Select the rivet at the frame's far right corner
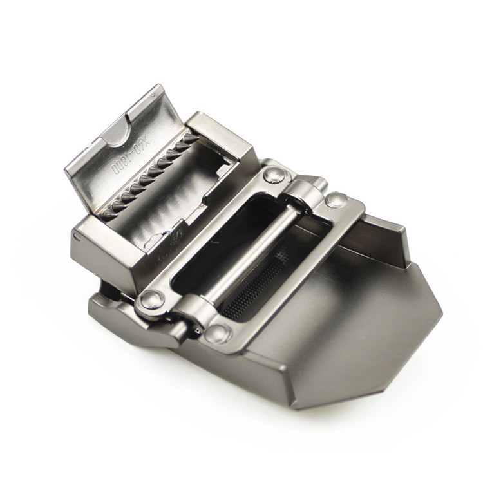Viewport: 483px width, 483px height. pos(336,200)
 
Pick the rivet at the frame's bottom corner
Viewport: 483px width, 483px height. pos(217,334)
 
